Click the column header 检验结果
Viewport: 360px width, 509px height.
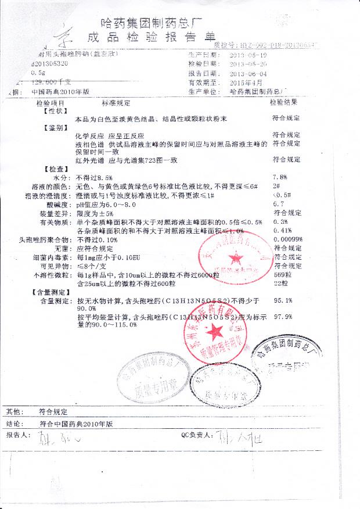[283, 102]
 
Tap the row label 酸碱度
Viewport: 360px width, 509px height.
[57, 205]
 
